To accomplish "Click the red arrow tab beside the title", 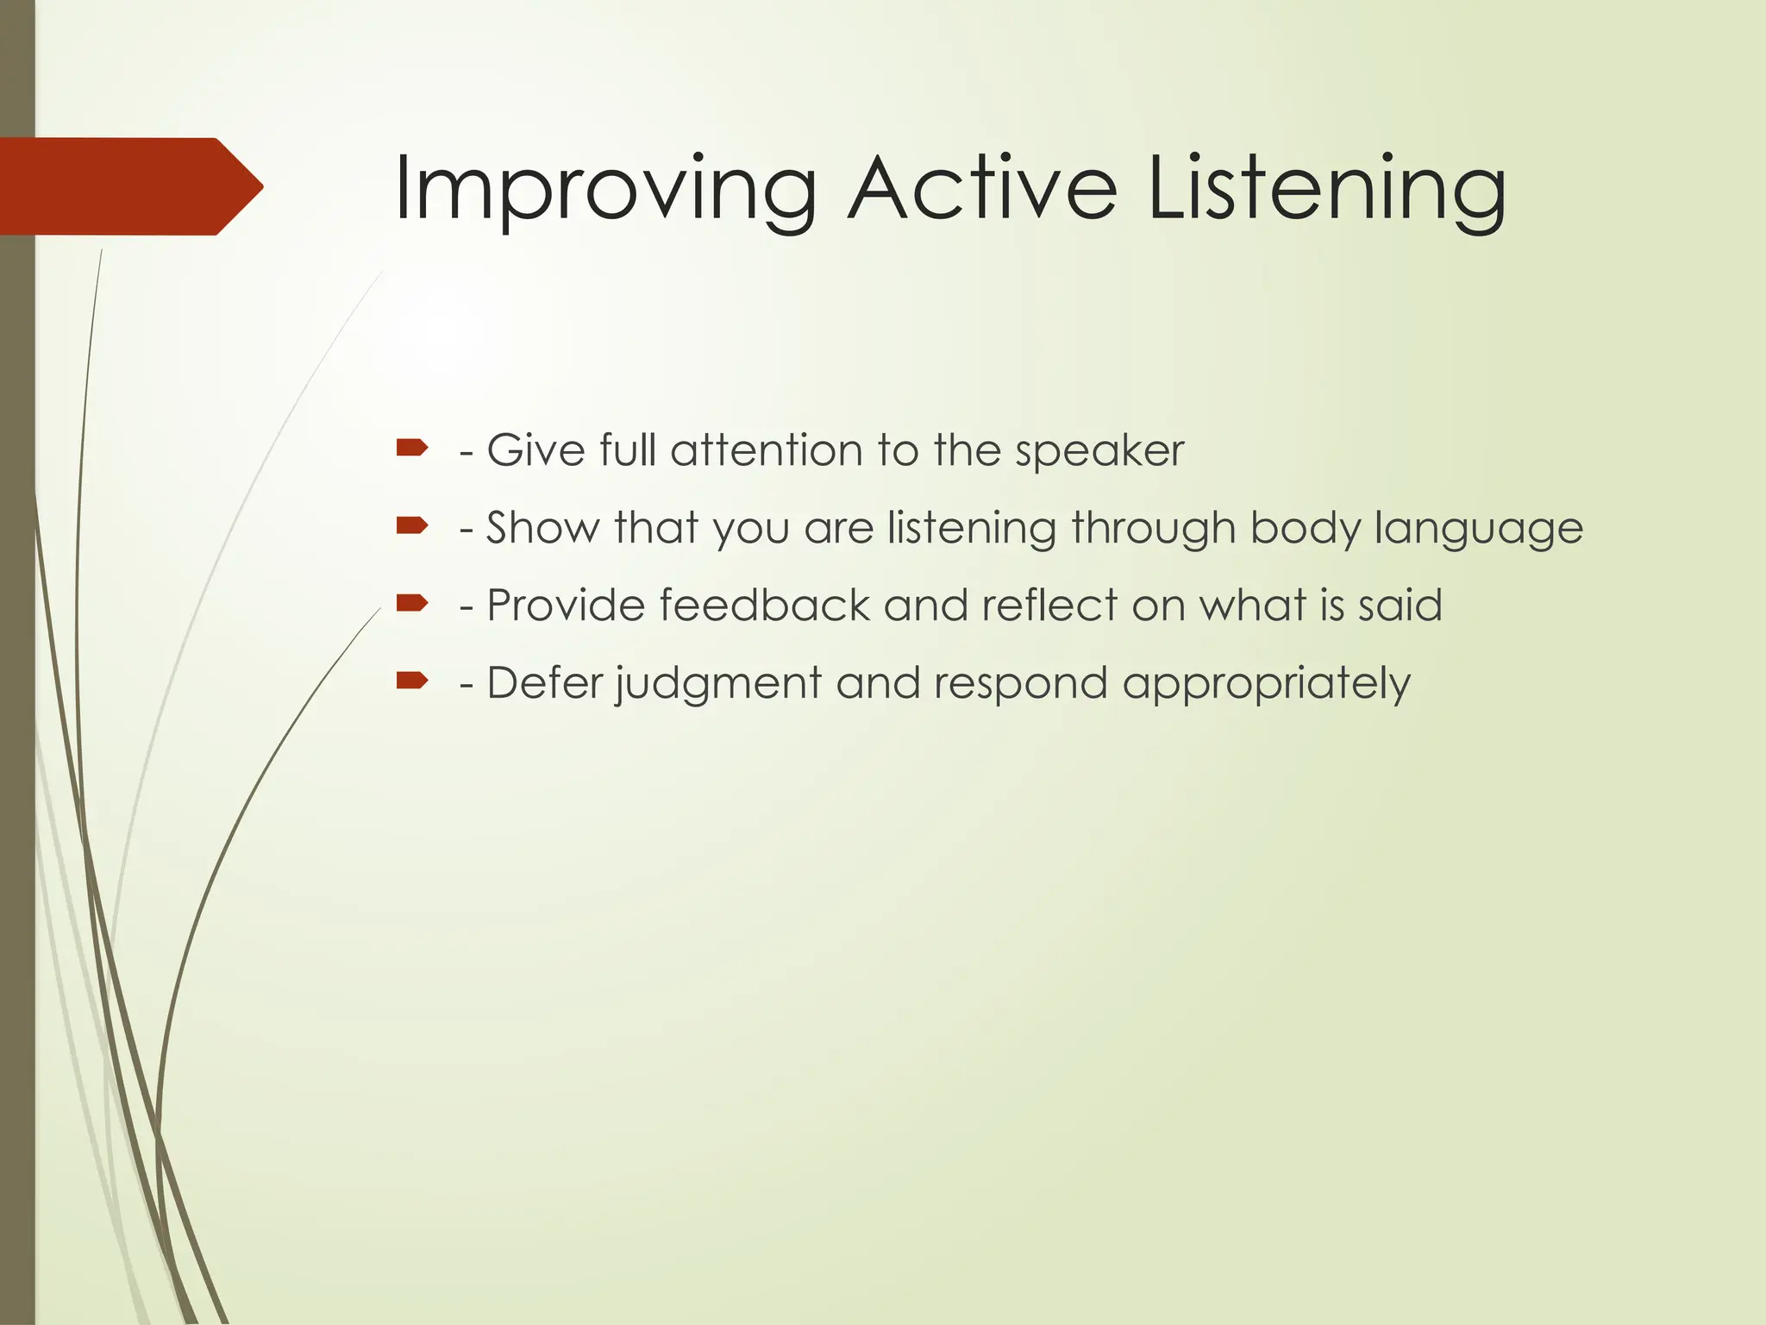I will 129,186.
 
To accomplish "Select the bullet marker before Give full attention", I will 412,448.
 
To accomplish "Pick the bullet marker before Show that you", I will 412,525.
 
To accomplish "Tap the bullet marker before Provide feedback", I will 412,603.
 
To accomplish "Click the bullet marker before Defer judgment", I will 412,681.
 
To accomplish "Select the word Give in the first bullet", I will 535,450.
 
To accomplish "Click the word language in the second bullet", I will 1478,529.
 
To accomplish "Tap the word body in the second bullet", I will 1305,529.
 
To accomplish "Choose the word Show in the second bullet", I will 542,528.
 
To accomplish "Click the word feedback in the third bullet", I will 764,606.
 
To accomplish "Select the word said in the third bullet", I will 1400,606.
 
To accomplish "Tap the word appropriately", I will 1266,684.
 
